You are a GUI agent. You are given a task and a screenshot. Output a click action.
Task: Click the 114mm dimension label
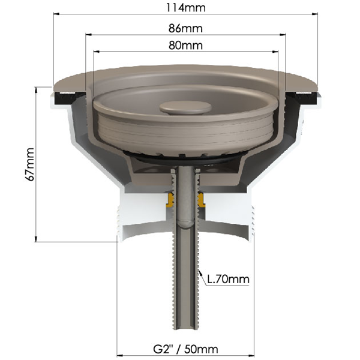click(x=186, y=8)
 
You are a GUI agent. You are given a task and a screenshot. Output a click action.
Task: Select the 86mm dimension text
click(x=185, y=28)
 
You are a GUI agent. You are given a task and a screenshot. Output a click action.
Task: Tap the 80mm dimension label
click(x=185, y=45)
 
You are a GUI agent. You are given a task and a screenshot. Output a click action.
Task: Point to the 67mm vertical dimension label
click(x=31, y=164)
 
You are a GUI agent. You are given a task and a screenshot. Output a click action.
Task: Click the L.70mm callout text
click(x=228, y=279)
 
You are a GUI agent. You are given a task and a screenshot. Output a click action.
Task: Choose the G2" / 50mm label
click(x=185, y=349)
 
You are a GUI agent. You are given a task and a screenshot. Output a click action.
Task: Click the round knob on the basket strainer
click(x=185, y=107)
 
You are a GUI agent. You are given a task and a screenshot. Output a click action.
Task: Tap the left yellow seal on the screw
click(x=170, y=200)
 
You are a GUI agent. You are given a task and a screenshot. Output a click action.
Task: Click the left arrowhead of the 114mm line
click(x=56, y=14)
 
